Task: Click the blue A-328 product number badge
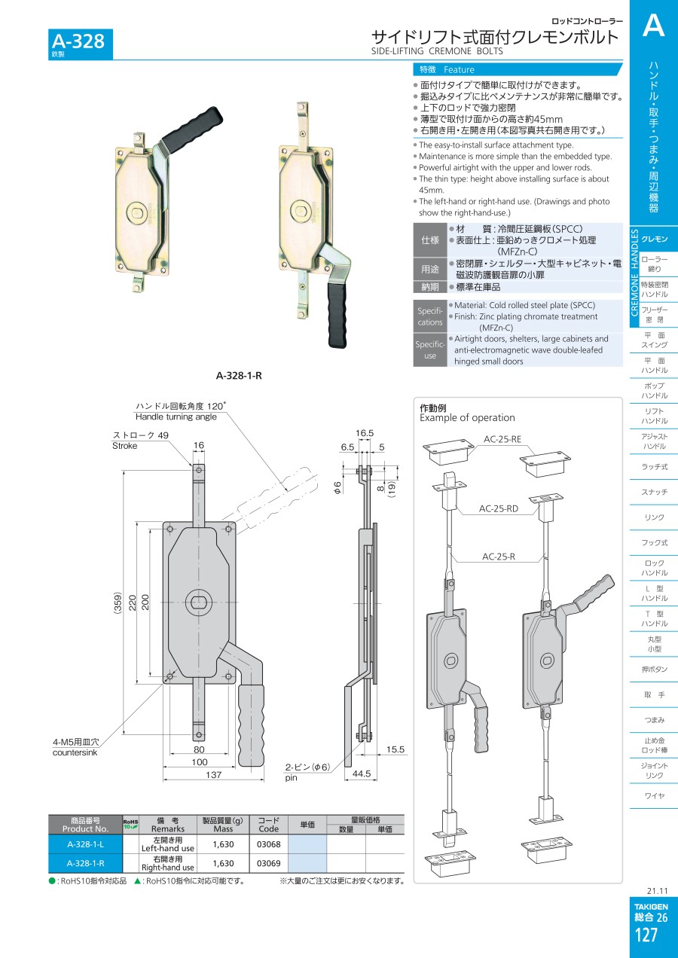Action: point(81,44)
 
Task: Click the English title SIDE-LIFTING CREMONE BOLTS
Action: point(437,51)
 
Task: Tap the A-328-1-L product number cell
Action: point(86,844)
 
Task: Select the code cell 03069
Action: point(269,863)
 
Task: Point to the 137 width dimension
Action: point(213,774)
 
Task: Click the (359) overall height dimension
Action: point(118,603)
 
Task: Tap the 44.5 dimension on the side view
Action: point(362,773)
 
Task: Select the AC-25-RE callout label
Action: point(502,439)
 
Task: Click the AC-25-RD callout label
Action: point(499,508)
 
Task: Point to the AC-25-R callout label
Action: point(499,557)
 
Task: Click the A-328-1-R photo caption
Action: point(239,376)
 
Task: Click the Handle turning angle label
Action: point(176,416)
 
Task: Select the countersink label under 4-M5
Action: point(75,752)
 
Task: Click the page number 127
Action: point(646,935)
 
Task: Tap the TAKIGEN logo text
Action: point(651,906)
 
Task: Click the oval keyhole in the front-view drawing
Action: point(199,603)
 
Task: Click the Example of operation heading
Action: point(467,418)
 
